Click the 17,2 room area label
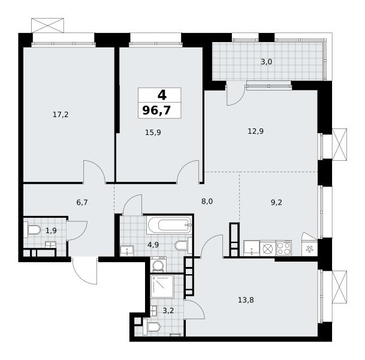[x=61, y=115]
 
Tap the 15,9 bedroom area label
[x=153, y=133]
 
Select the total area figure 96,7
[x=156, y=110]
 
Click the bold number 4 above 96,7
[x=162, y=95]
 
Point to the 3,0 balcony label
[x=266, y=62]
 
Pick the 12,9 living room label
[x=255, y=131]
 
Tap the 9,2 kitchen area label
[x=276, y=202]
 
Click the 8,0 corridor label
[x=207, y=202]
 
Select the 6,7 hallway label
[x=82, y=202]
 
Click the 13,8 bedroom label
[x=246, y=300]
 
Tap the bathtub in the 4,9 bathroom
[x=169, y=225]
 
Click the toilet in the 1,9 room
[x=32, y=230]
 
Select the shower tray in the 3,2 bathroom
[x=162, y=287]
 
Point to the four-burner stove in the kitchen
[x=284, y=248]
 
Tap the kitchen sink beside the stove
[x=252, y=248]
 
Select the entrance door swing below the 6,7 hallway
[x=85, y=271]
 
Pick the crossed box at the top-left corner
[x=47, y=25]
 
